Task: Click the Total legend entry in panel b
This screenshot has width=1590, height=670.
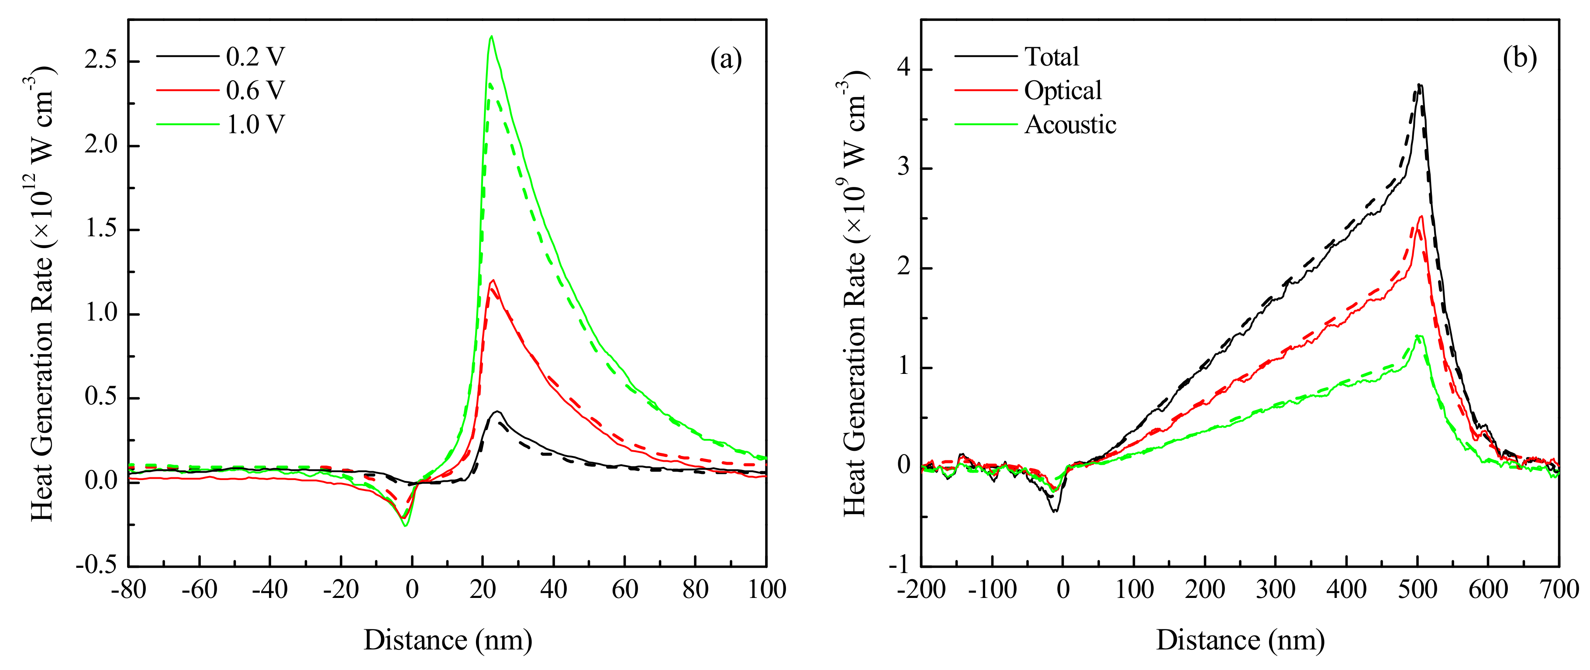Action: coord(1051,57)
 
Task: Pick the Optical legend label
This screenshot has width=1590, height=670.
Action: coord(1062,91)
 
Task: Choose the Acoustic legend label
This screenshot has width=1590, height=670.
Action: coord(1069,125)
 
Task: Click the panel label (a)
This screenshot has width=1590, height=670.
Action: coord(725,60)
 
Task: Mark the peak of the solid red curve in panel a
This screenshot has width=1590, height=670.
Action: coord(492,280)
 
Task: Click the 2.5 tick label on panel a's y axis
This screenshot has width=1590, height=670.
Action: coord(100,61)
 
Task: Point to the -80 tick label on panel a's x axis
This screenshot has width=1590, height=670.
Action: coord(128,590)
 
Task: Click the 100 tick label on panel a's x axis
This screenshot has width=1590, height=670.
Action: coord(766,590)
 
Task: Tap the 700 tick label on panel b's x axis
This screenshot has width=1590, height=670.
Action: coord(1559,590)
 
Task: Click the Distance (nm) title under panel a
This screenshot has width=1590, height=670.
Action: coord(448,640)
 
